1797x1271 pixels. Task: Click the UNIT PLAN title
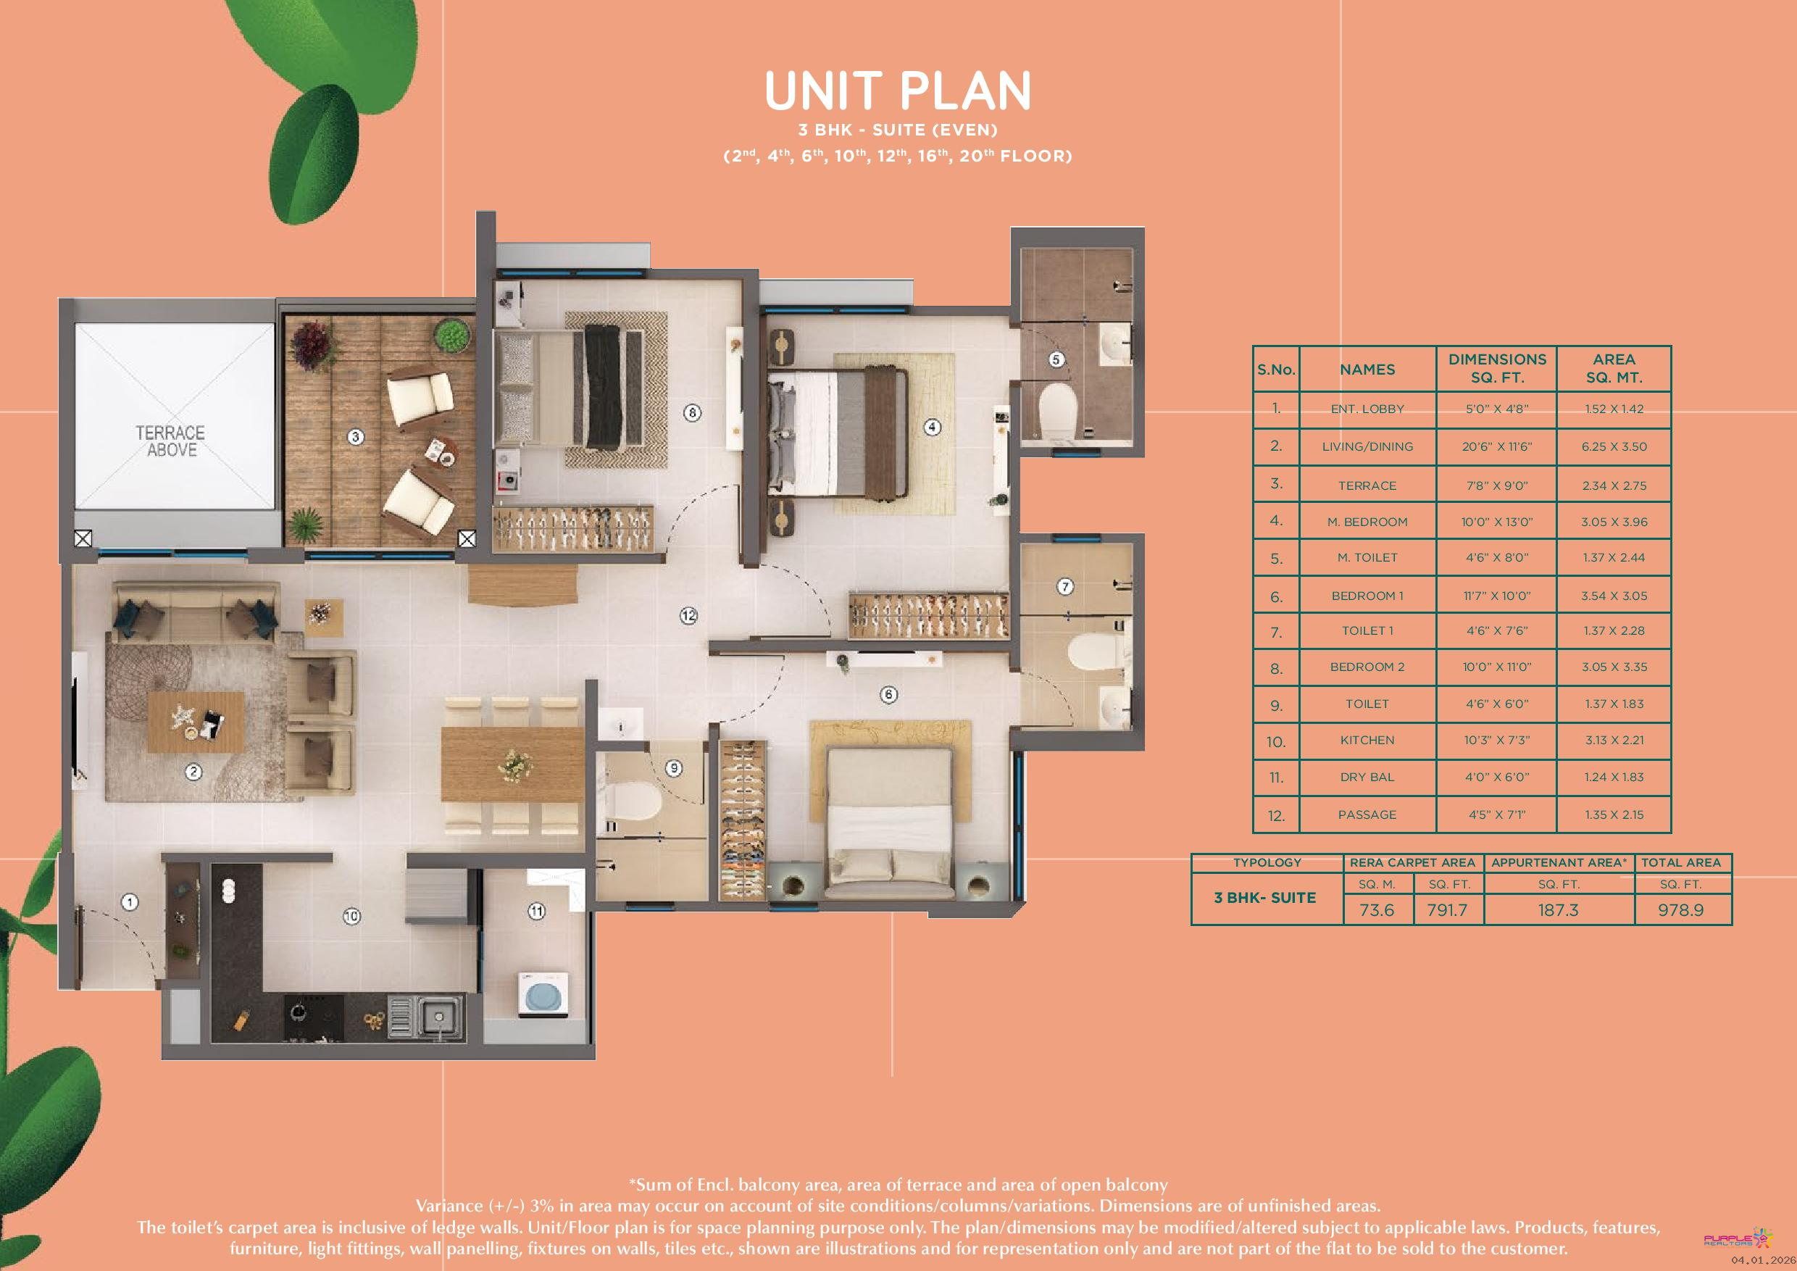[x=898, y=91]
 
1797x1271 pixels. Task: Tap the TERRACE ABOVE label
[x=170, y=441]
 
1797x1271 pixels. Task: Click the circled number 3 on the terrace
[x=355, y=437]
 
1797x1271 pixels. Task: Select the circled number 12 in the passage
[x=689, y=616]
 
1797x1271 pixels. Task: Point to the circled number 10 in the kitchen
[x=351, y=916]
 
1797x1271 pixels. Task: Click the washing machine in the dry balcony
[x=544, y=996]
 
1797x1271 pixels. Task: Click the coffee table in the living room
[x=196, y=722]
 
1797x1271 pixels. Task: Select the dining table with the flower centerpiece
[x=512, y=764]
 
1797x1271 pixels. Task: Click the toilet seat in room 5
[x=1058, y=405]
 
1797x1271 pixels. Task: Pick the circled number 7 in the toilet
[x=1065, y=586]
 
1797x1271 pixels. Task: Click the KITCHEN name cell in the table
[x=1367, y=741]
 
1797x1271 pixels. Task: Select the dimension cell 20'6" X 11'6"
[x=1496, y=447]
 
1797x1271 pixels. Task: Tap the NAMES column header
[x=1367, y=370]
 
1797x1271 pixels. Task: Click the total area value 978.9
[x=1680, y=910]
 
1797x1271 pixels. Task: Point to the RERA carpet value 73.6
[x=1377, y=910]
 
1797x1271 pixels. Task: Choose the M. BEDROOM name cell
[x=1367, y=522]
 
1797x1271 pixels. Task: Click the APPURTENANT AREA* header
[x=1559, y=862]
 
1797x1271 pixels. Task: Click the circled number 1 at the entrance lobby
[x=130, y=902]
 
